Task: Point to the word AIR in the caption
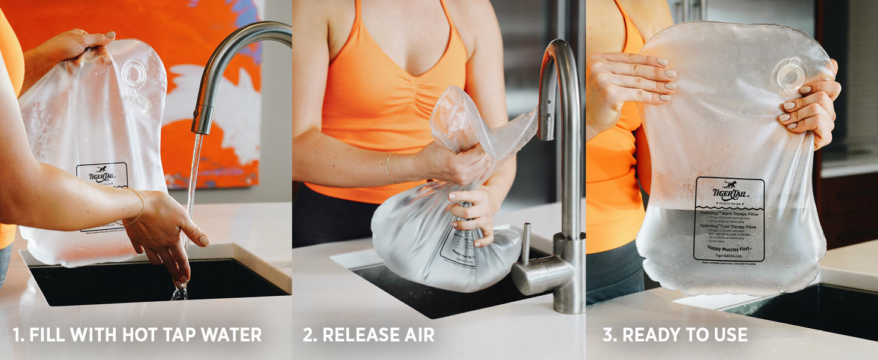coord(417,335)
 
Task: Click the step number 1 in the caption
coord(17,335)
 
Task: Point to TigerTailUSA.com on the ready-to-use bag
coord(730,255)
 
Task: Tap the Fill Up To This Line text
coord(729,203)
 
